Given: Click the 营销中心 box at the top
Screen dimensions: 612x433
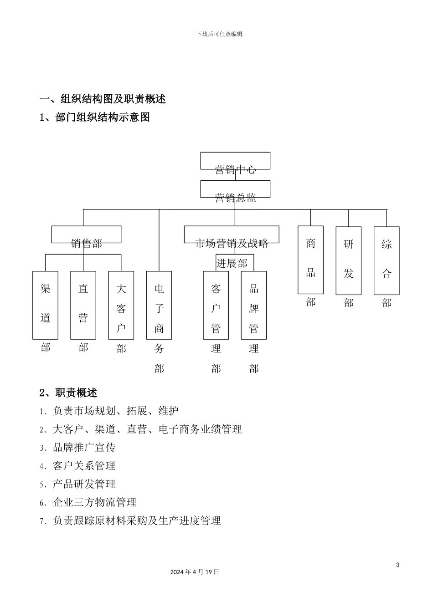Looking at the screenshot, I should (x=235, y=161).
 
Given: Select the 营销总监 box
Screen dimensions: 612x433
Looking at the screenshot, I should (x=235, y=189).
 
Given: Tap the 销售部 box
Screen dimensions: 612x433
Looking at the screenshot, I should (x=86, y=235).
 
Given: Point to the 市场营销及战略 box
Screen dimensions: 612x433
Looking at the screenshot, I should (x=232, y=235).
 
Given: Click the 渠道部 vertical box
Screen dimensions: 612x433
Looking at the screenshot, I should (x=45, y=305).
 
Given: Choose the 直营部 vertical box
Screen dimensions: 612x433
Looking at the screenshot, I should (x=83, y=305).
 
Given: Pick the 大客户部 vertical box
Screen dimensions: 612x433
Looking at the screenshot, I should (x=121, y=305).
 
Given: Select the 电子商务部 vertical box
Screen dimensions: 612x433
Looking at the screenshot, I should (x=159, y=305).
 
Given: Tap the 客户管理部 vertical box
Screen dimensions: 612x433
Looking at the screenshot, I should (x=216, y=305).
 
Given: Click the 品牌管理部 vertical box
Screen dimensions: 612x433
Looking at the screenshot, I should (x=254, y=305).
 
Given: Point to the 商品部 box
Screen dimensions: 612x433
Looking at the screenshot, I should (x=311, y=260).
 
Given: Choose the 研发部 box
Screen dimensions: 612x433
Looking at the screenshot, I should (x=349, y=260).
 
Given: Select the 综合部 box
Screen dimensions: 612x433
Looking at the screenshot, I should (x=387, y=260).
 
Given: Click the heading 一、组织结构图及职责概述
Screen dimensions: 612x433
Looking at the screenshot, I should (x=103, y=99).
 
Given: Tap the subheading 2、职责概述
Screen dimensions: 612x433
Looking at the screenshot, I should (x=68, y=393).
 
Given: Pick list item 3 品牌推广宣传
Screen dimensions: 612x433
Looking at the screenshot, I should (x=78, y=448).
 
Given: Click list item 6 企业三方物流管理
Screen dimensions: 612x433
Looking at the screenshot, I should (x=88, y=502).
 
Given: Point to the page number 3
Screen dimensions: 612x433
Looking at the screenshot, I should (x=398, y=565).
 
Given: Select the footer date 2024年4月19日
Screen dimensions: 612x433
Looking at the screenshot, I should (x=195, y=572).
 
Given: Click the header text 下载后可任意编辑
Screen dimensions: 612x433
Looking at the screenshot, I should (x=219, y=34).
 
